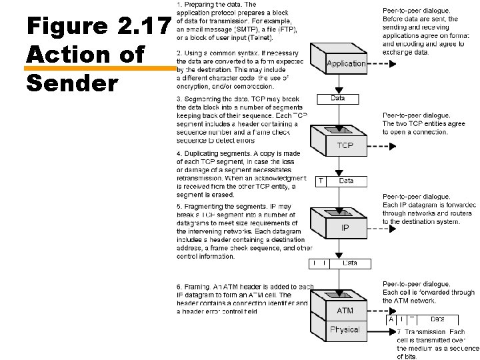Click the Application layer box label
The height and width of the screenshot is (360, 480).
coord(346,64)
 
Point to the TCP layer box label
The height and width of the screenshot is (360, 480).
coord(345,145)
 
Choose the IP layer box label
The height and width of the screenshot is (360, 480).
coord(345,228)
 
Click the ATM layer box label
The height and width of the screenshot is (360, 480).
coord(345,311)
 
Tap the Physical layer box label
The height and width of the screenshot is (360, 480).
coord(345,329)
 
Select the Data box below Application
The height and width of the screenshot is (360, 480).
coord(338,99)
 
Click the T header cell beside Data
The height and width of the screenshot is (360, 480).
coord(321,181)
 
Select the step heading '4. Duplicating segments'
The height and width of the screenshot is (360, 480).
coord(220,153)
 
